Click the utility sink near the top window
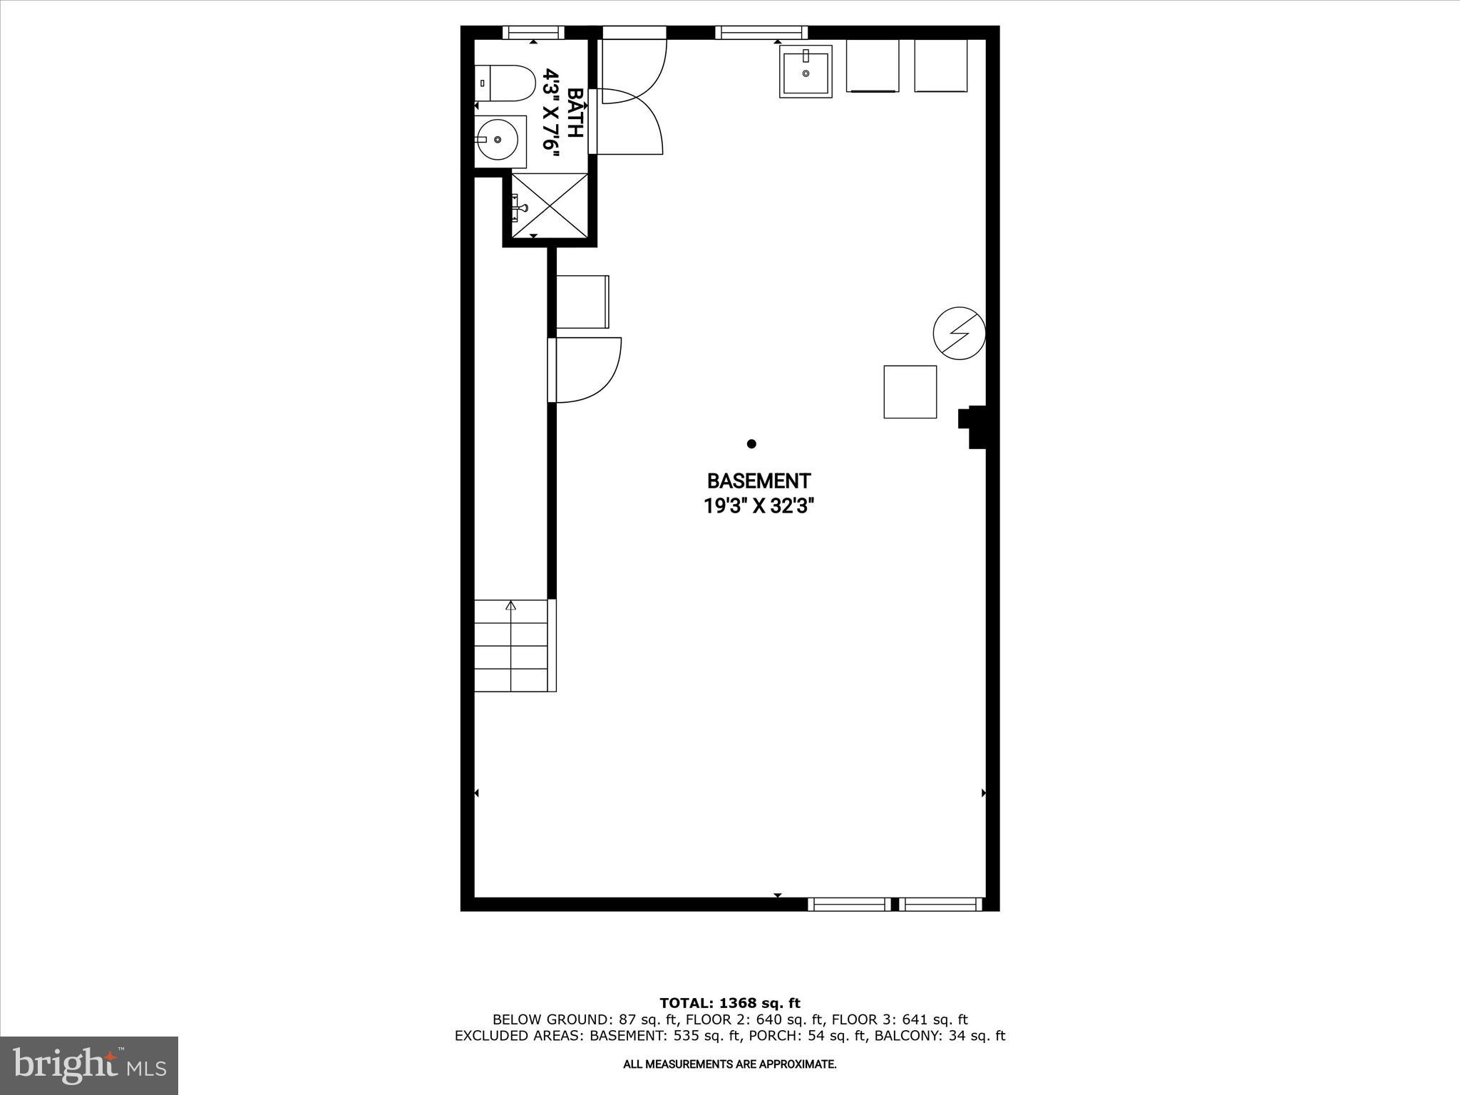[x=806, y=71]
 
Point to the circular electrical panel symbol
[x=959, y=333]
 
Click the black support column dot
[x=751, y=443]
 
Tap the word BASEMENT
[x=759, y=481]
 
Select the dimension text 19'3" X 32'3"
[x=759, y=506]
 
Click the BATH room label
[x=574, y=112]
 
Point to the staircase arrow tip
[x=510, y=605]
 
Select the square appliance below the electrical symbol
[x=910, y=391]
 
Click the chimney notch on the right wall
[x=972, y=427]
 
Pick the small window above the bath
[x=533, y=32]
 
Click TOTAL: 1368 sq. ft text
[x=729, y=1003]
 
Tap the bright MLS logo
[x=89, y=1065]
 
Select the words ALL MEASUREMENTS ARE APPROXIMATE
[x=729, y=1064]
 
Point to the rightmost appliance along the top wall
[x=940, y=66]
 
